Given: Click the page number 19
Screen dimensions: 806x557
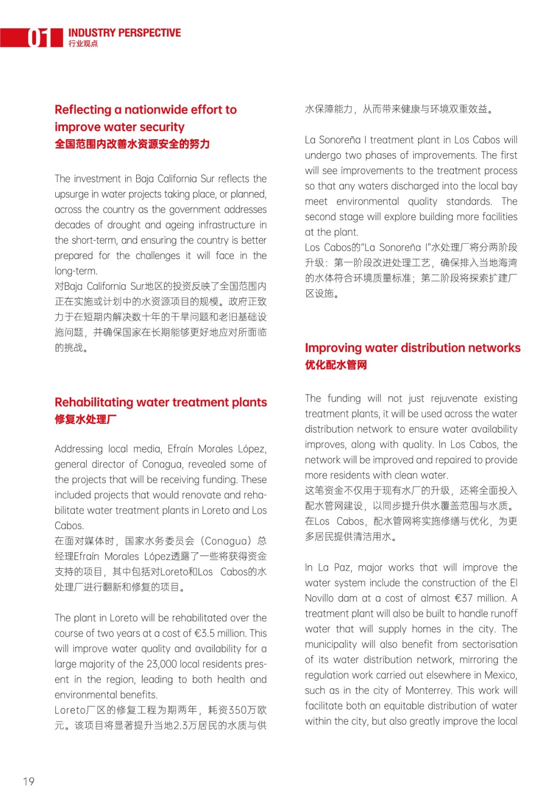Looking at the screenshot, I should (x=29, y=781).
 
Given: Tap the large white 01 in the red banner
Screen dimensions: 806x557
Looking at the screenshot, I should (x=39, y=38).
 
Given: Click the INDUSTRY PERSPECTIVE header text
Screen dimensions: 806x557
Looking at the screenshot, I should (x=124, y=33).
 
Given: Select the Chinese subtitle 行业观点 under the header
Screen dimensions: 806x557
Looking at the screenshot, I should (x=83, y=44).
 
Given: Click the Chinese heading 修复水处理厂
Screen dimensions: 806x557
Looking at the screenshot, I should (x=86, y=419).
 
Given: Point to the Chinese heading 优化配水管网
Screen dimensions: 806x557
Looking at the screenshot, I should (x=336, y=365).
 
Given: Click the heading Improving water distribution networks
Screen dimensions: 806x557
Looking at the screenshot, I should (x=413, y=348).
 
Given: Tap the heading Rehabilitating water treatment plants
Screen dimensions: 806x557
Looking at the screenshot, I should (x=161, y=402).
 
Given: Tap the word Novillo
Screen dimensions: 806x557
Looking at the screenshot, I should (x=319, y=598).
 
